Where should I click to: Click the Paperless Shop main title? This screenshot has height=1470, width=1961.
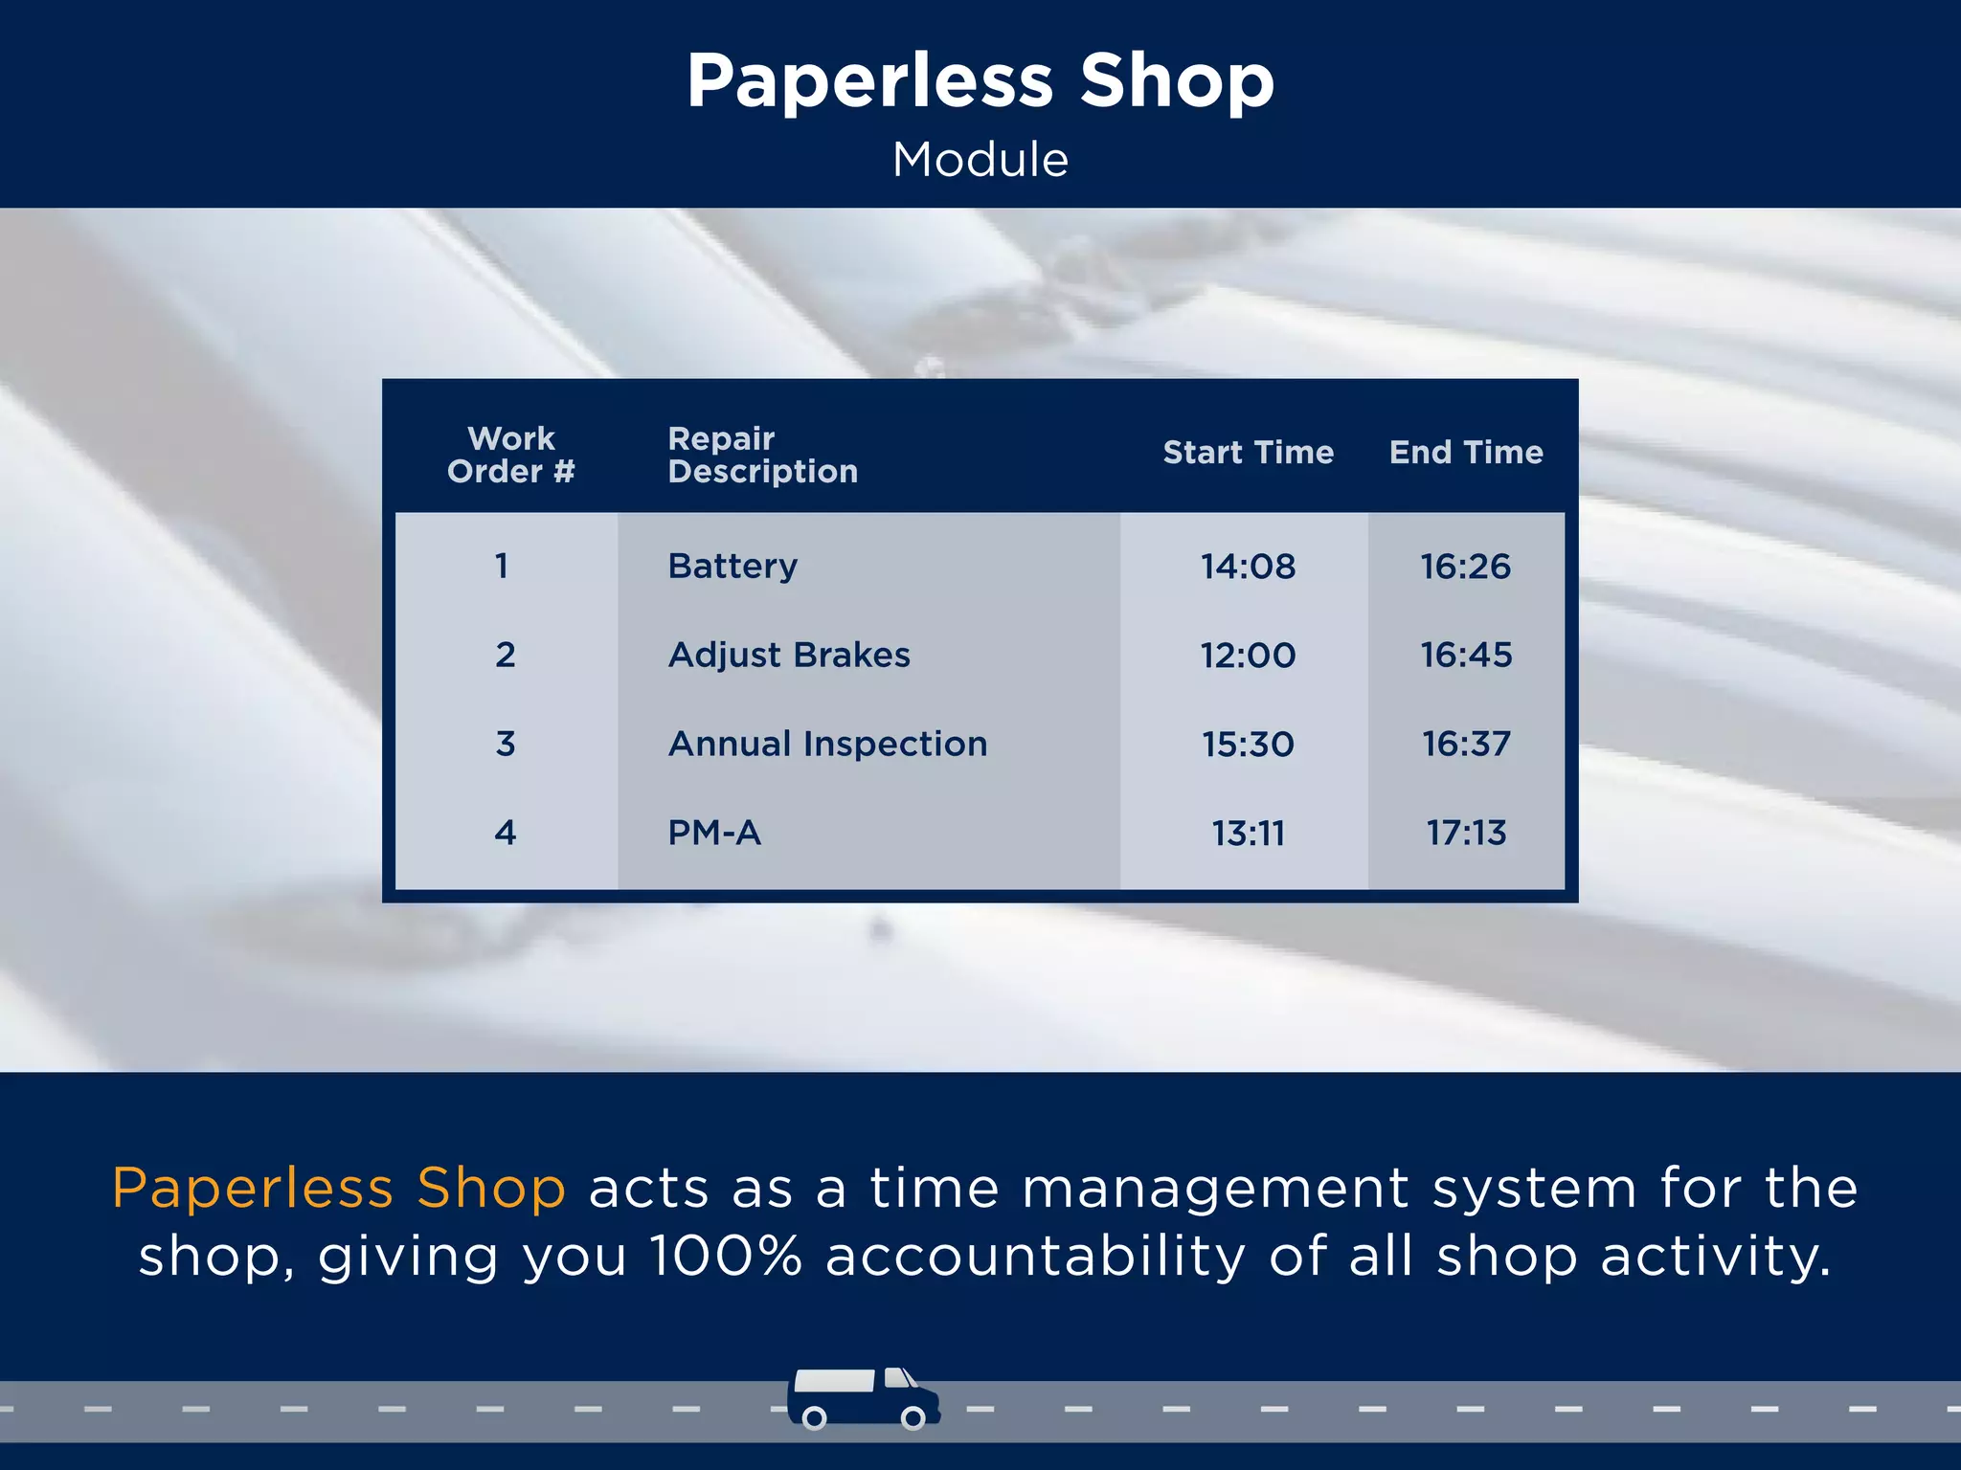pyautogui.click(x=980, y=81)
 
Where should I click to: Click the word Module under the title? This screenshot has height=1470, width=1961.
pyautogui.click(x=980, y=160)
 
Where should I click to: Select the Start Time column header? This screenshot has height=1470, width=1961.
pyautogui.click(x=1248, y=453)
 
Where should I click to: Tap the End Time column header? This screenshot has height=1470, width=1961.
pyautogui.click(x=1466, y=453)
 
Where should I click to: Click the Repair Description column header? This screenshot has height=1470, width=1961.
pyautogui.click(x=762, y=455)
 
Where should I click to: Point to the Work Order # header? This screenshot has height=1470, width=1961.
pyautogui.click(x=511, y=455)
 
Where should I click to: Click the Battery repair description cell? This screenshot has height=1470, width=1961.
pyautogui.click(x=733, y=567)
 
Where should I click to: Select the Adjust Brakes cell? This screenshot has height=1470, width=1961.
pyautogui.click(x=789, y=656)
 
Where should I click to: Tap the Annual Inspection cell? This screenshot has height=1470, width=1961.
pyautogui.click(x=827, y=744)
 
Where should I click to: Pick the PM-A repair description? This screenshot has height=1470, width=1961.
pyautogui.click(x=714, y=833)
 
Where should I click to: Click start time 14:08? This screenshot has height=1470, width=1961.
pyautogui.click(x=1248, y=567)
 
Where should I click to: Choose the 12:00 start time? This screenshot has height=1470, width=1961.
pyautogui.click(x=1248, y=656)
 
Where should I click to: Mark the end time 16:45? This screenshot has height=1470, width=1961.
pyautogui.click(x=1466, y=656)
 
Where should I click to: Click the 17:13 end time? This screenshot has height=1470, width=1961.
pyautogui.click(x=1466, y=833)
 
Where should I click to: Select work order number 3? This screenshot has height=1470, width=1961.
pyautogui.click(x=506, y=744)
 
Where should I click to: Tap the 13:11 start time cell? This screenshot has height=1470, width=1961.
pyautogui.click(x=1248, y=833)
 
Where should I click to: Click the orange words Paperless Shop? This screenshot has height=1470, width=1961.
pyautogui.click(x=339, y=1189)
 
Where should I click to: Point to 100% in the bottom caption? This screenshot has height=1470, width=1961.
pyautogui.click(x=726, y=1257)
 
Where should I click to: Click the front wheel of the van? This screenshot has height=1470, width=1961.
pyautogui.click(x=913, y=1417)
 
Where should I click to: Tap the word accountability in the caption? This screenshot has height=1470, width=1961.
pyautogui.click(x=1036, y=1257)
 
